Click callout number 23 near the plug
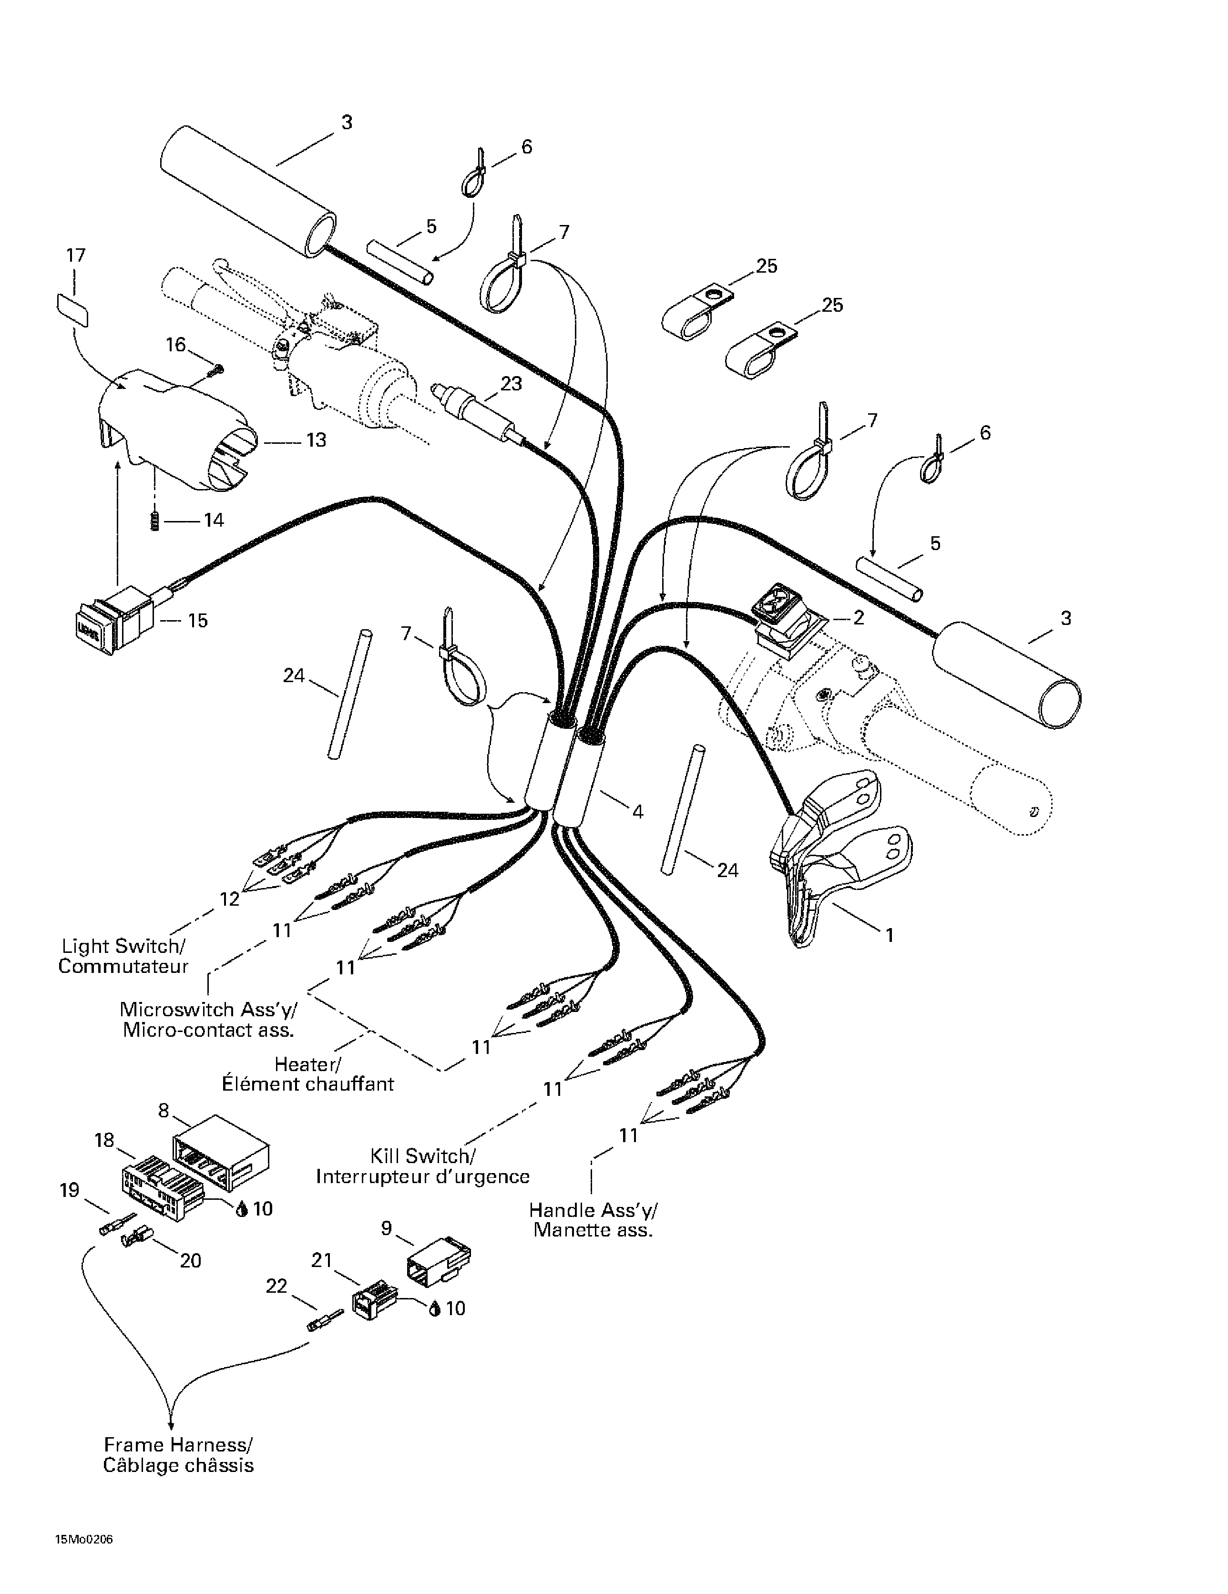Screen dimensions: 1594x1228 [511, 383]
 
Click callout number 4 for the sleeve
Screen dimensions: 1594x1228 [637, 811]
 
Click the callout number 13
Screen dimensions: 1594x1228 [316, 440]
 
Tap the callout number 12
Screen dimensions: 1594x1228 [229, 899]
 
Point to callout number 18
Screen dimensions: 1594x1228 [104, 1140]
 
